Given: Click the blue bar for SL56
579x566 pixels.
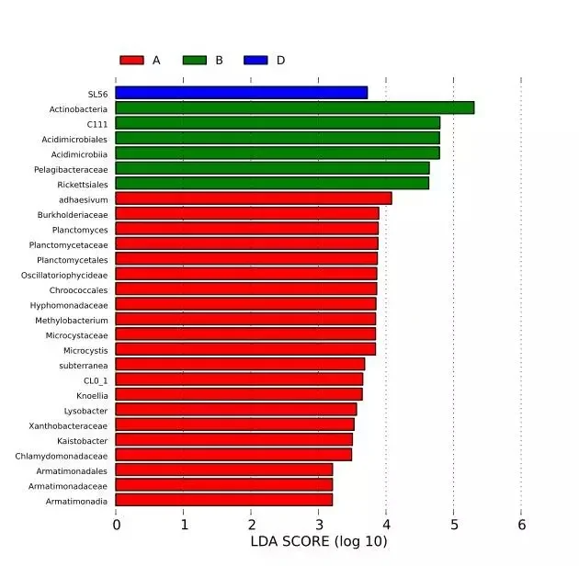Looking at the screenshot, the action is [x=242, y=93].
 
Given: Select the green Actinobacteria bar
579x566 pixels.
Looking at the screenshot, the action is [x=295, y=108].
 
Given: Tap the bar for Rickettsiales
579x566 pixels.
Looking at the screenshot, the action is [x=272, y=183].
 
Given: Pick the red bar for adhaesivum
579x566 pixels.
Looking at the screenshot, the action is [x=254, y=198].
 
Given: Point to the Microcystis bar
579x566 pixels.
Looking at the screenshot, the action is [x=245, y=349].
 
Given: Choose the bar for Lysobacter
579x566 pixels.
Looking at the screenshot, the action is [x=236, y=409].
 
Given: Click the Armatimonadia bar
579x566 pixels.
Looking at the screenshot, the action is [x=223, y=500].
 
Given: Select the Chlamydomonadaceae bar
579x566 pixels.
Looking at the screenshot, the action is [x=233, y=455].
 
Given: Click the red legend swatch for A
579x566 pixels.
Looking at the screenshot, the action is [x=131, y=60].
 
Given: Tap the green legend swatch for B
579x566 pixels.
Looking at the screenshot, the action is [x=195, y=60].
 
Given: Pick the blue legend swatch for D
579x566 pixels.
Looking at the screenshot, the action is [x=255, y=60].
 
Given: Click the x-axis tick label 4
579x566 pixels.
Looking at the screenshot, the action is [x=386, y=525].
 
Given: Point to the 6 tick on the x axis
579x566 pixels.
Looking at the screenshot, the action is [x=521, y=525].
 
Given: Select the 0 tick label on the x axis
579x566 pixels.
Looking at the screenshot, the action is [x=117, y=525].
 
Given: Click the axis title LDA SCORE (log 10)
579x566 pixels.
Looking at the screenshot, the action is [x=319, y=541].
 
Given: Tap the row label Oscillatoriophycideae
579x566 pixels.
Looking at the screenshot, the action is [x=64, y=276].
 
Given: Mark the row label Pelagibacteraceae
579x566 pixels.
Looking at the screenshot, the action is [x=71, y=170].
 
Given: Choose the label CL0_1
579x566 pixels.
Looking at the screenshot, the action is [x=96, y=381].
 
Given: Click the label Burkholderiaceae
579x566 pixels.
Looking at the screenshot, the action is [x=73, y=215].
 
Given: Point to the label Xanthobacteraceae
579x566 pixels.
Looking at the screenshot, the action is [x=68, y=426].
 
